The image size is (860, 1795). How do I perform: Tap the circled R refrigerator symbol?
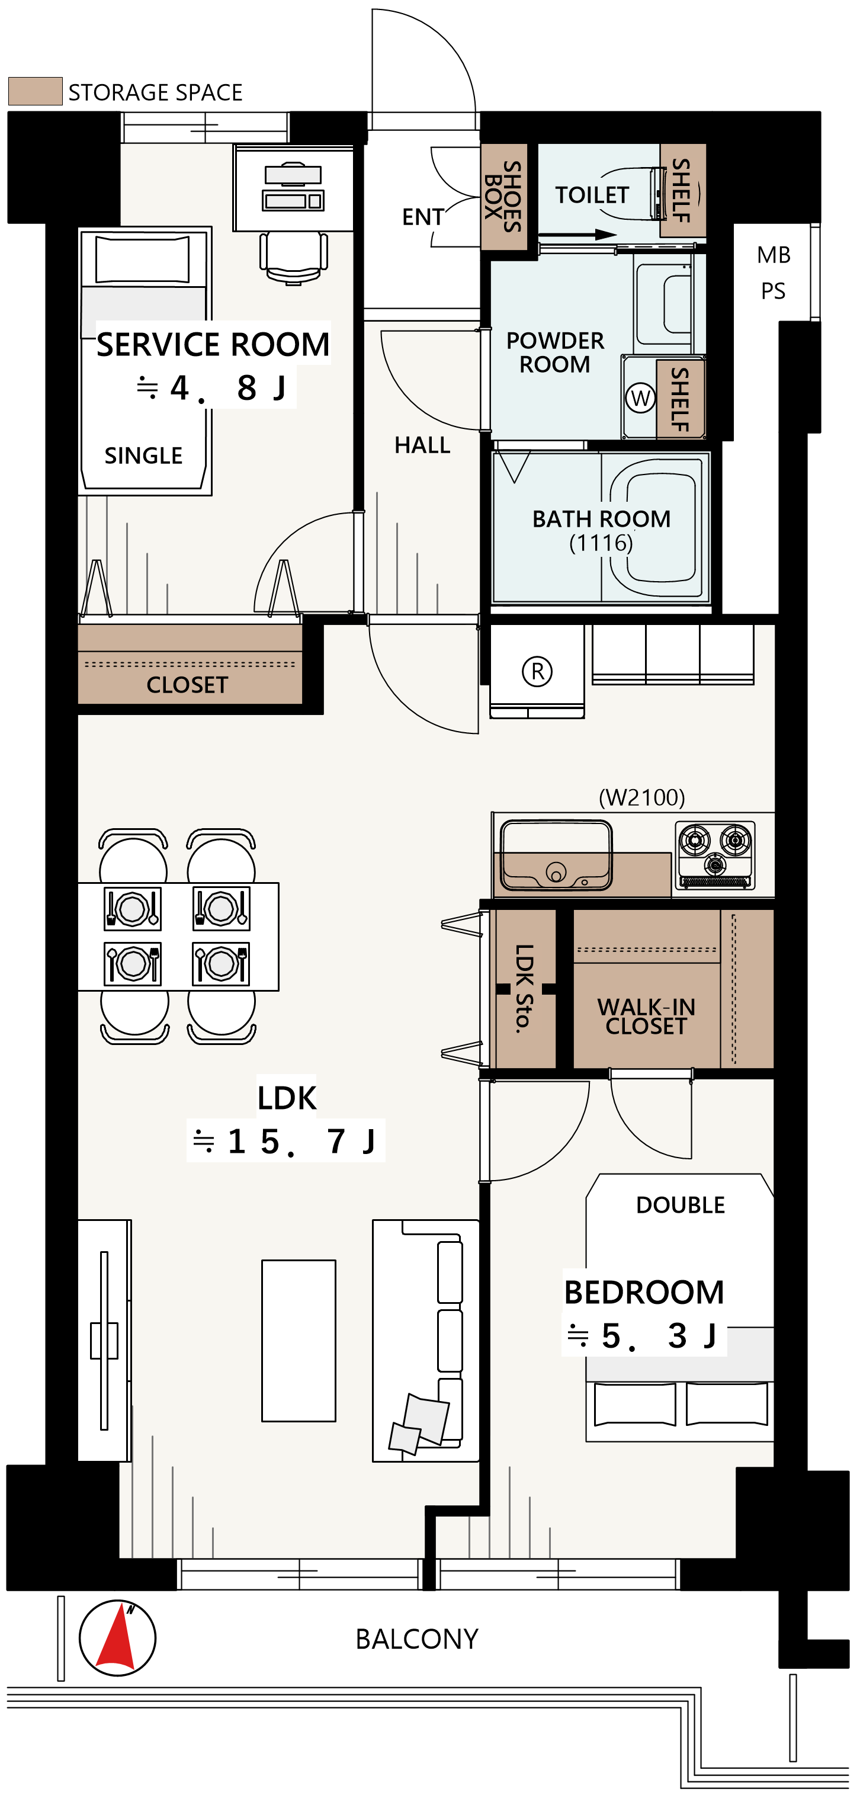coord(537,672)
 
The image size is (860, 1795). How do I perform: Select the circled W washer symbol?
coord(640,398)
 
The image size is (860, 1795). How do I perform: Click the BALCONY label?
coord(417,1639)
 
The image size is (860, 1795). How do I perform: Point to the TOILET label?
coord(592,195)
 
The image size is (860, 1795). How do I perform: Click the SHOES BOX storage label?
coord(502,197)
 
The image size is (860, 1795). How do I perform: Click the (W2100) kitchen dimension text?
coord(642,797)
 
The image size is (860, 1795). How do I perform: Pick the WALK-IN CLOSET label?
coord(646,1016)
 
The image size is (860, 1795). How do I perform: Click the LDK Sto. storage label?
coord(524,988)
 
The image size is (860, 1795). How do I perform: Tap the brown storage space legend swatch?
coord(36,91)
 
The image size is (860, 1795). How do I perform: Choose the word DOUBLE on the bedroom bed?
coord(680,1205)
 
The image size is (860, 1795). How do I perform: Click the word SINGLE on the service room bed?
coord(143,456)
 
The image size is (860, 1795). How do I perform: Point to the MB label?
coord(774,255)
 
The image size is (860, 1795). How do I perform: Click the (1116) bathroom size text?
coord(601,542)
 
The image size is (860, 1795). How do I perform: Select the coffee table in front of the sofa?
coord(299,1341)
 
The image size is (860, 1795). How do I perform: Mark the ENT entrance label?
coord(423,217)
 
